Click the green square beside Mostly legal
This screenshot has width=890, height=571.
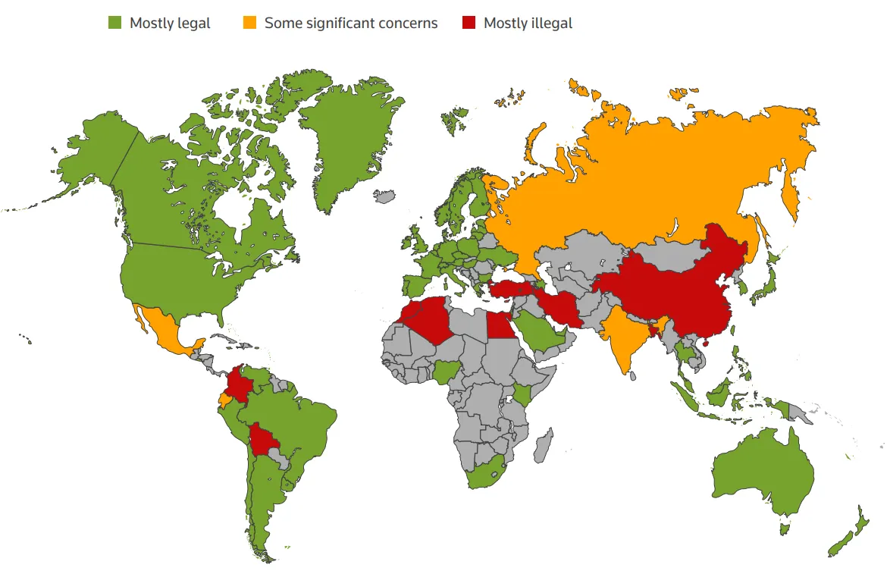[114, 23]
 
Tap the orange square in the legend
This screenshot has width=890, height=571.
[249, 23]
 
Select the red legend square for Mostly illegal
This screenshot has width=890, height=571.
[469, 23]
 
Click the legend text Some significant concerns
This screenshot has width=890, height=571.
[351, 23]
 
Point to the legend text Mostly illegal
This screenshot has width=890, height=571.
[528, 23]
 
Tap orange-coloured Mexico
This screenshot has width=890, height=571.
[163, 326]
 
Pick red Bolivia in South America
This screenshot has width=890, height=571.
[265, 439]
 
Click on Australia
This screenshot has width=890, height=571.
[762, 474]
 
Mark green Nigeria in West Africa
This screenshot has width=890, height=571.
[447, 372]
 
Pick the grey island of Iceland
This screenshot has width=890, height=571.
[384, 197]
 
